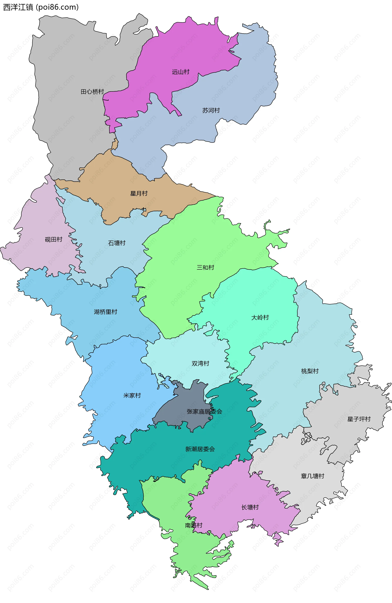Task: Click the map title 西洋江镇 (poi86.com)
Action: point(41,7)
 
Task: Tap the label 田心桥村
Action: point(92,92)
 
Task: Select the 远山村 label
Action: point(181,72)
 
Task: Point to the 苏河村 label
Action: point(211,110)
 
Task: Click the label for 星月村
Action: point(139,194)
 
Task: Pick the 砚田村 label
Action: point(53,239)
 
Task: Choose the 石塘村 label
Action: point(117,243)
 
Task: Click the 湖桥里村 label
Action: point(105,312)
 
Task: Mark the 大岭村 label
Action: point(260,317)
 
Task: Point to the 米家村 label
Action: point(132,395)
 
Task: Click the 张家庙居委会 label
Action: point(205,412)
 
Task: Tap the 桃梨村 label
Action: point(310,371)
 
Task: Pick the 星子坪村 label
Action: point(359,419)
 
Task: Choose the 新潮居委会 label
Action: point(200,449)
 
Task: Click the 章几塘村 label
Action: point(312,476)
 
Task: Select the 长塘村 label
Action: point(250,507)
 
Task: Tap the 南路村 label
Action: point(194,525)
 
